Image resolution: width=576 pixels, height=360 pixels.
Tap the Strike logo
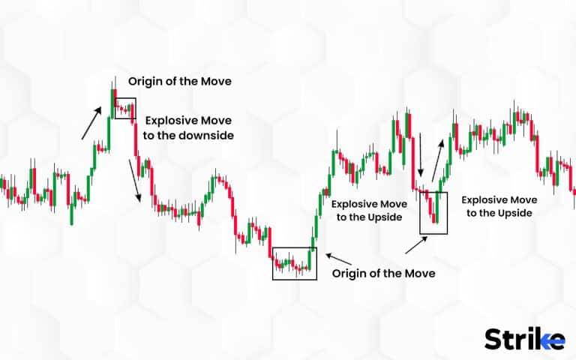click(524, 339)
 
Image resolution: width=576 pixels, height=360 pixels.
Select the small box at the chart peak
click(125, 108)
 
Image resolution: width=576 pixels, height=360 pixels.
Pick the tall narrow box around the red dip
click(435, 213)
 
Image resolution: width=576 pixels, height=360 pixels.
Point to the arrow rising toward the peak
click(92, 122)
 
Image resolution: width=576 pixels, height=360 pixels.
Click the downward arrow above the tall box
click(421, 156)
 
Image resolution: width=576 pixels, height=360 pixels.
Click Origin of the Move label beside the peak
click(179, 81)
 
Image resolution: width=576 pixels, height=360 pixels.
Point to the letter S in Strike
click(493, 339)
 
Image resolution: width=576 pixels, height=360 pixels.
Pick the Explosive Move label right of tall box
click(496, 206)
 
